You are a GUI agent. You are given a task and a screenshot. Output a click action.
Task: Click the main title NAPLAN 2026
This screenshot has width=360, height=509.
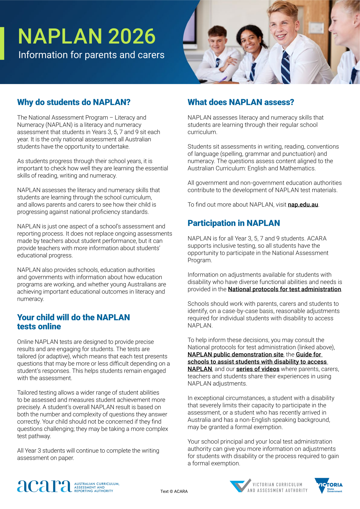click(87, 37)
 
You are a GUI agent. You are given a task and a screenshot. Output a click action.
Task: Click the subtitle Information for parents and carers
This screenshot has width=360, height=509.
click(91, 55)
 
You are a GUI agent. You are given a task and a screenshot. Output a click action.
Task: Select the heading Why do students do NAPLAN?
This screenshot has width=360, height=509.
click(74, 102)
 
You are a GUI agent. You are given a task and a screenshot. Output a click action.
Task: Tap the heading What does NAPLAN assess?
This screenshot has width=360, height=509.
click(241, 102)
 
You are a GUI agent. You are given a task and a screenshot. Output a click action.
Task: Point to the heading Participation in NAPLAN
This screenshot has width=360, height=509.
click(234, 223)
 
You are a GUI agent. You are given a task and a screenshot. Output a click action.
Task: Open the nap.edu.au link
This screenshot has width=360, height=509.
click(303, 205)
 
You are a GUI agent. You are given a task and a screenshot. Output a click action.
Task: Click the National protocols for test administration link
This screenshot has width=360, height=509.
click(284, 289)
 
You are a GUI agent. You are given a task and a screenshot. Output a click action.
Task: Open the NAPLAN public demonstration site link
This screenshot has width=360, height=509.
click(235, 355)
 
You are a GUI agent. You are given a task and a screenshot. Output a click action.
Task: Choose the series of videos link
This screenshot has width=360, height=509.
click(258, 369)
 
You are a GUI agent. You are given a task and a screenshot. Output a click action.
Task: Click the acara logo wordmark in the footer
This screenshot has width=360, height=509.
click(44, 486)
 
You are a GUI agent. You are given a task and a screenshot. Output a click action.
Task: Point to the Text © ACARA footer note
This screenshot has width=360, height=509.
click(174, 491)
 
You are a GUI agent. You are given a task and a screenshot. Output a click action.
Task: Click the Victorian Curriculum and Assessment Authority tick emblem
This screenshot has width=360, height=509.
click(241, 485)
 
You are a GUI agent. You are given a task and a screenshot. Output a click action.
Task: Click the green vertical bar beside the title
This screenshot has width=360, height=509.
click(2, 43)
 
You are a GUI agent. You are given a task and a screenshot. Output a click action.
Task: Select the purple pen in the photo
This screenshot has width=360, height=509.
click(222, 79)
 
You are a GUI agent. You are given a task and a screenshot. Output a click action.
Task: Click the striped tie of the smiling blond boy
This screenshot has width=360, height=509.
click(285, 68)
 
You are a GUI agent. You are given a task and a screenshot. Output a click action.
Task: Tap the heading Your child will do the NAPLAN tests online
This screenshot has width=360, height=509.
click(73, 322)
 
